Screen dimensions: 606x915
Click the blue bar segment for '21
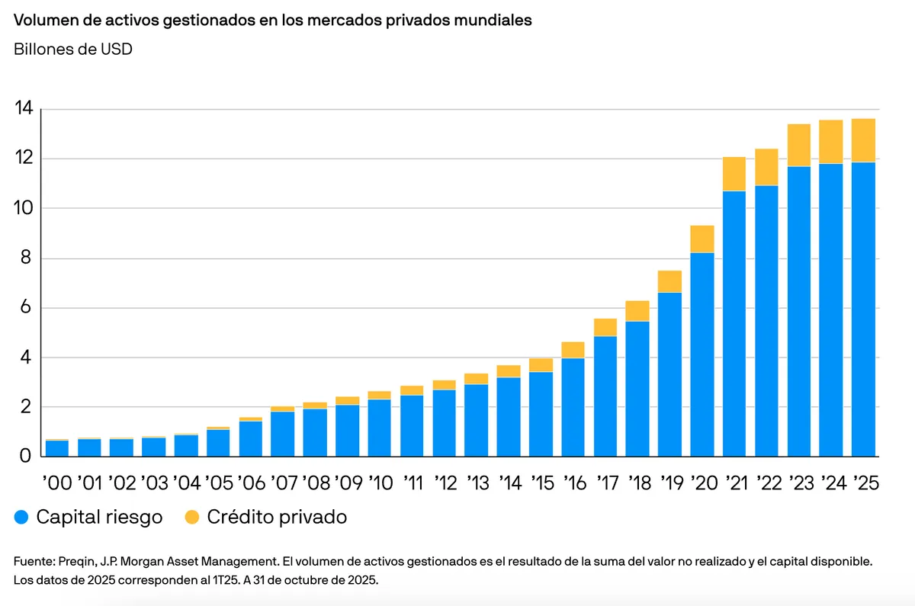pos(734,324)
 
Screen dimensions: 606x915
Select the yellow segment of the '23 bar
pos(799,146)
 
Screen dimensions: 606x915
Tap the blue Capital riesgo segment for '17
pos(605,396)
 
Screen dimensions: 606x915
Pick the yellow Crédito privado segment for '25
pos(863,140)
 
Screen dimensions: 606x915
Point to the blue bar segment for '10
pos(380,428)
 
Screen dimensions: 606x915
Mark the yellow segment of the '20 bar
pos(702,239)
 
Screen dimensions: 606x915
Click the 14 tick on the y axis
pos(24,109)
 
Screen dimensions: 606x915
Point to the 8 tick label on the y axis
pos(24,258)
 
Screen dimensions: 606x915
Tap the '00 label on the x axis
pos(56,483)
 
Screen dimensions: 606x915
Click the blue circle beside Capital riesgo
pos(22,518)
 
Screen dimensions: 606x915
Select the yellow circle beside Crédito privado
pos(192,518)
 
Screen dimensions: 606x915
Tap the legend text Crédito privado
pos(277,518)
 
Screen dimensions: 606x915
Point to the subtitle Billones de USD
pos(73,50)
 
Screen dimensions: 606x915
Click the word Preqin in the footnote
pos(75,561)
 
